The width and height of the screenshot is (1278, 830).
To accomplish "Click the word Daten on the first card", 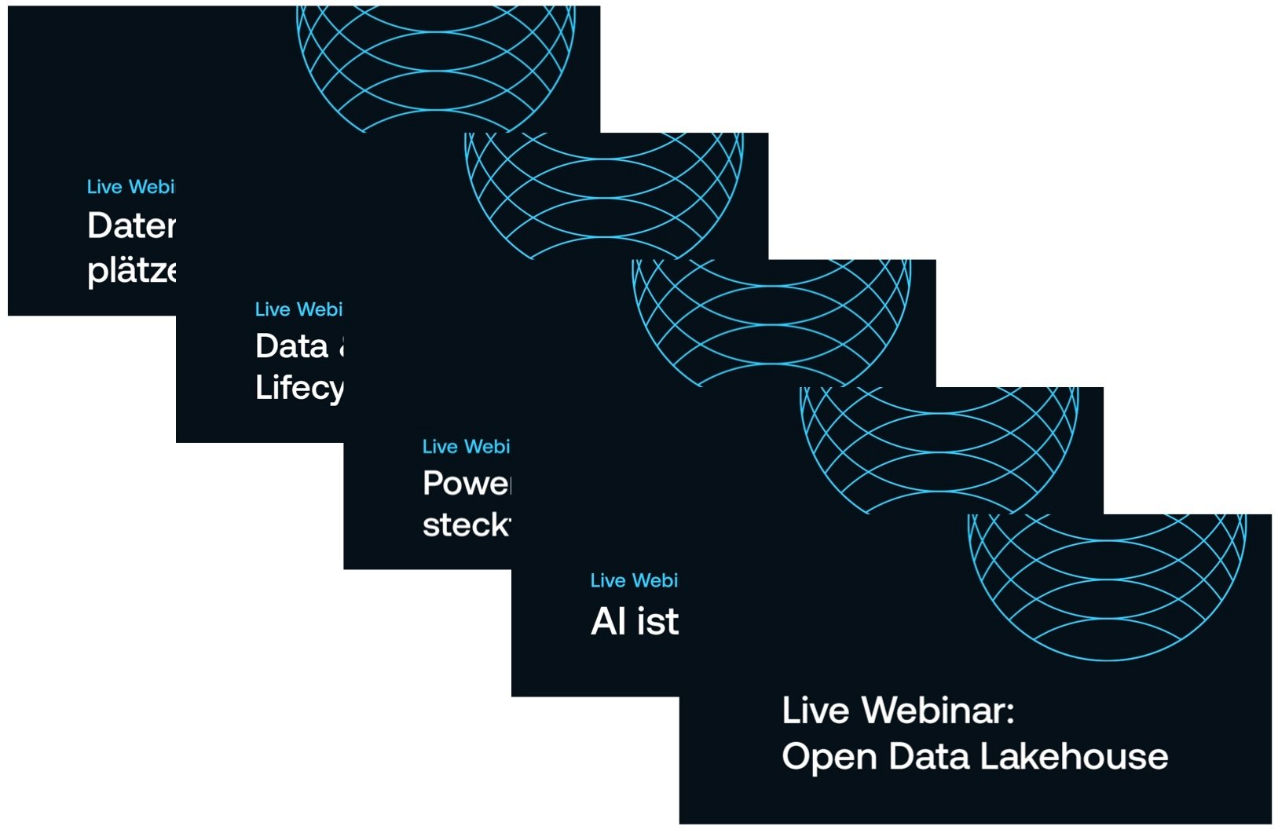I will [x=131, y=226].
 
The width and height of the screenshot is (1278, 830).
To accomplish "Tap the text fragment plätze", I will [x=131, y=271].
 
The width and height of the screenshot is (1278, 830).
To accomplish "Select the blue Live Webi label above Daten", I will [x=130, y=187].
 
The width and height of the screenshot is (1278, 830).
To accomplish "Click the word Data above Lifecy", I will [x=291, y=346].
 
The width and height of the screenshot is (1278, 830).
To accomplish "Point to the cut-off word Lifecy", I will [x=299, y=388].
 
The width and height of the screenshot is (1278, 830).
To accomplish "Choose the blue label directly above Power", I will [x=466, y=447].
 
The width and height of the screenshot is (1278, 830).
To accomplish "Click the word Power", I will [x=467, y=484].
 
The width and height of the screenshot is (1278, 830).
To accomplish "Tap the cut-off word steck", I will [x=467, y=525].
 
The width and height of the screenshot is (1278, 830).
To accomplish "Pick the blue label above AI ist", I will [x=634, y=580].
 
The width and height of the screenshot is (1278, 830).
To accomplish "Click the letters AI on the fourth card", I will [x=608, y=622].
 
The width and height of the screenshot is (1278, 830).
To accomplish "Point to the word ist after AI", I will [x=658, y=622].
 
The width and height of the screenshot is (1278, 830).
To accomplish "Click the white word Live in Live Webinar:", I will [x=815, y=711].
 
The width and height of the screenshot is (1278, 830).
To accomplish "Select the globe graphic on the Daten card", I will [x=436, y=67].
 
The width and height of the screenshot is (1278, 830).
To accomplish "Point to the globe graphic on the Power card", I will [x=771, y=322].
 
